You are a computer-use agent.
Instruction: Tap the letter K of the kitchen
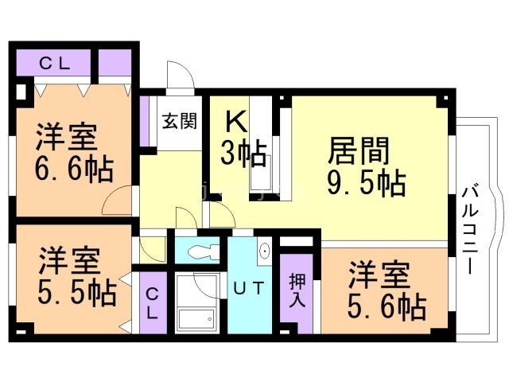(x=235, y=121)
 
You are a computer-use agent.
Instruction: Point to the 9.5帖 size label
(x=366, y=183)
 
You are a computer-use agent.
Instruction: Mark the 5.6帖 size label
(x=386, y=305)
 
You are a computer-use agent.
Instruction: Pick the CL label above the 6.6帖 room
(x=54, y=64)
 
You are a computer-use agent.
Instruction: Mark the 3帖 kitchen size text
(x=243, y=153)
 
